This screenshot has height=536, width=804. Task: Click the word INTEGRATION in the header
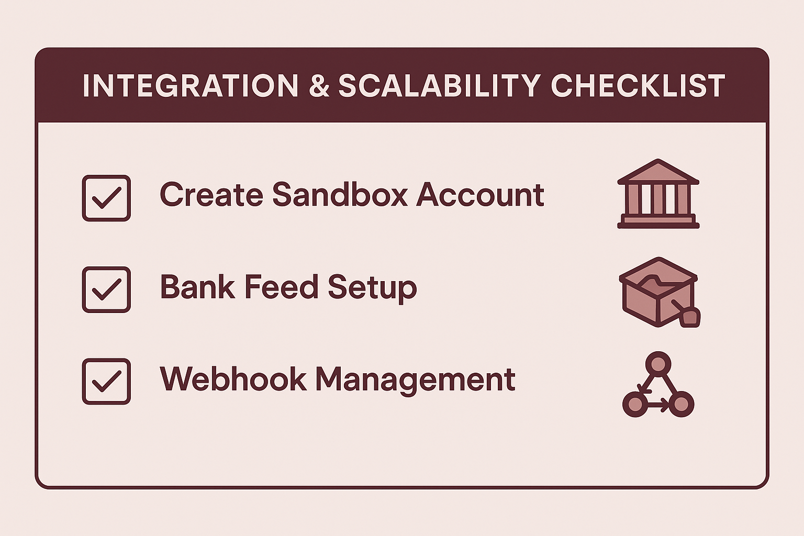pyautogui.click(x=190, y=86)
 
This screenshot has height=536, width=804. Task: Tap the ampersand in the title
pyautogui.click(x=319, y=86)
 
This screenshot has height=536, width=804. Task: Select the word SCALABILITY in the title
pyautogui.click(x=439, y=86)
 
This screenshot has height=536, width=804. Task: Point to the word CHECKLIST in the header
pyautogui.click(x=638, y=86)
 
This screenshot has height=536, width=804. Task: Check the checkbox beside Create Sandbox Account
pyautogui.click(x=106, y=198)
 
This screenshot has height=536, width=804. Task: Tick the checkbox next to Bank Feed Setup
pyautogui.click(x=106, y=289)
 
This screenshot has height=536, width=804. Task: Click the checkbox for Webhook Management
pyautogui.click(x=106, y=381)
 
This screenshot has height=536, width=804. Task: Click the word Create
pyautogui.click(x=211, y=194)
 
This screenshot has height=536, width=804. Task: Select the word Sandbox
pyautogui.click(x=340, y=194)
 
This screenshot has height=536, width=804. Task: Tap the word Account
pyautogui.click(x=480, y=194)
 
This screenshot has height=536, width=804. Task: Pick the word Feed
pyautogui.click(x=282, y=286)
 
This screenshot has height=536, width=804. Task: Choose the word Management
pyautogui.click(x=416, y=381)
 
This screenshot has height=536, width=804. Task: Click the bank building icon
pyautogui.click(x=658, y=194)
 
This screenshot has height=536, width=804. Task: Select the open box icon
pyautogui.click(x=660, y=292)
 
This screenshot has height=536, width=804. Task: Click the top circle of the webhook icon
pyautogui.click(x=658, y=364)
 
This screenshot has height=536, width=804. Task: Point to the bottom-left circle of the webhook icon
pyautogui.click(x=635, y=404)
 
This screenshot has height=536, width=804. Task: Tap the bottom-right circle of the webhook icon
pyautogui.click(x=681, y=404)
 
